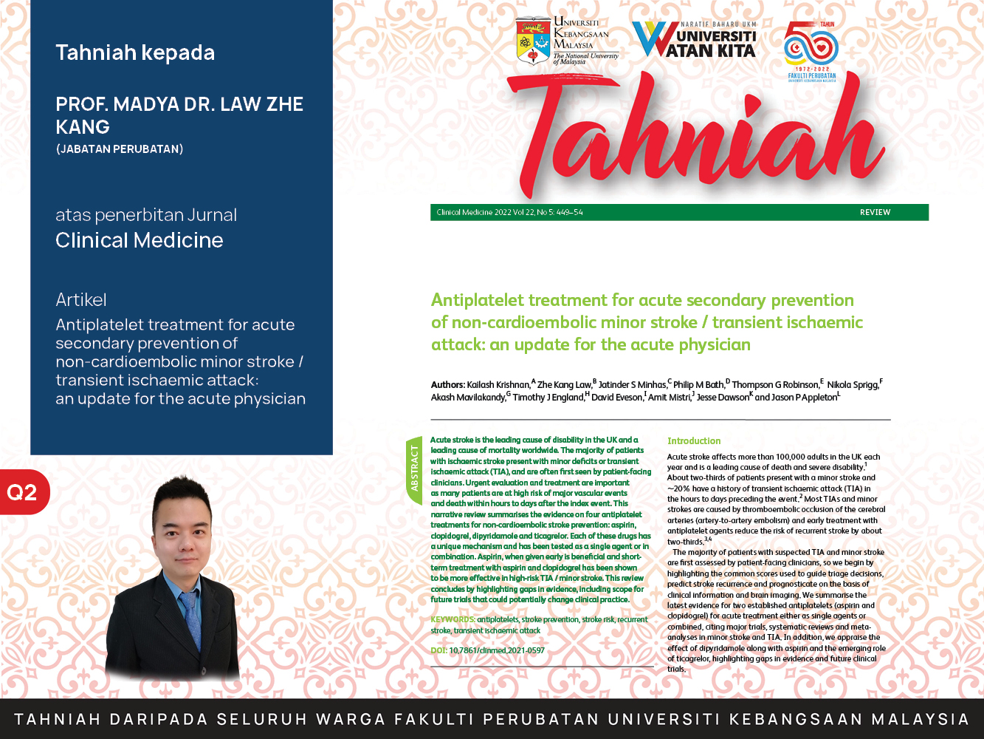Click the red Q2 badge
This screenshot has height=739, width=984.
tap(24, 492)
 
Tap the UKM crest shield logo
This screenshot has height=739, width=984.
tap(533, 41)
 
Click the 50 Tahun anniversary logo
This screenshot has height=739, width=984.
tap(811, 52)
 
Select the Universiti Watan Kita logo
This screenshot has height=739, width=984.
tap(695, 39)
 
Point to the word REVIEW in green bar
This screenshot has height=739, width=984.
tap(875, 212)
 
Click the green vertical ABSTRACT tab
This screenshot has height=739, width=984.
tap(414, 470)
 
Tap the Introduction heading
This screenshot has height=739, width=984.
tap(694, 440)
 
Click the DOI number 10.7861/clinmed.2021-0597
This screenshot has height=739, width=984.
tap(497, 650)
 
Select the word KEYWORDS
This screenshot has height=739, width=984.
tap(453, 619)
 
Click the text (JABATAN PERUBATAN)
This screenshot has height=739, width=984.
tap(120, 149)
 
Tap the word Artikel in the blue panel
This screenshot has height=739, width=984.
tap(81, 300)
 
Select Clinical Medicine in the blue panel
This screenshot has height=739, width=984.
tap(140, 240)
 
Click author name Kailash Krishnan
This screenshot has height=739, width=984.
tap(498, 384)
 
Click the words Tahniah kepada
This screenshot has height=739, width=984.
tap(135, 53)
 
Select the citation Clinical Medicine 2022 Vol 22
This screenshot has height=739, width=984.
tap(486, 212)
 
